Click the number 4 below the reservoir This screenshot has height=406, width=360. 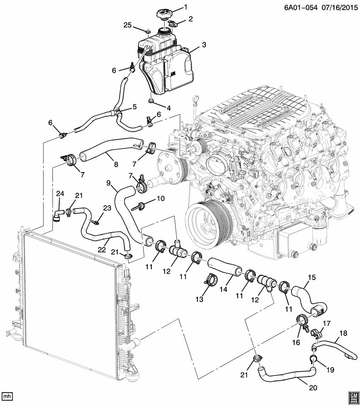pos(168,108)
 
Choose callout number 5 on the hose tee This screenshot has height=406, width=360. pos(134,107)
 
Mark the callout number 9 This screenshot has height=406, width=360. pos(108,183)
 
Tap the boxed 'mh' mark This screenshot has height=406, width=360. pos(7,396)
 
